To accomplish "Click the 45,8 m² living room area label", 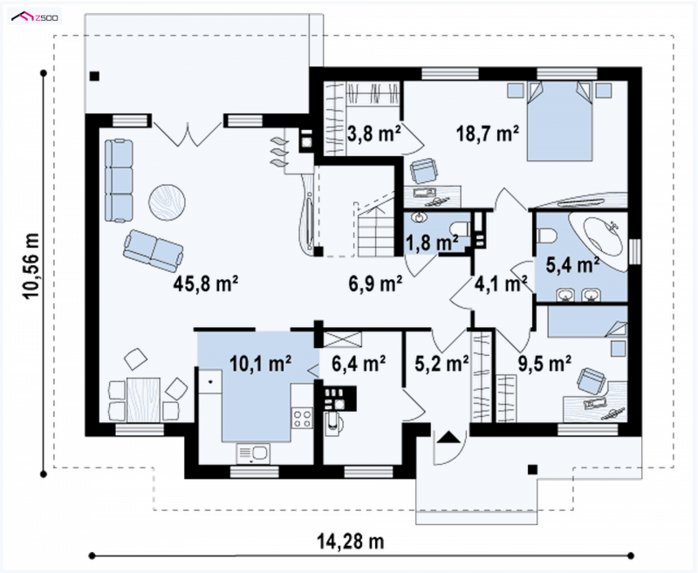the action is coord(206,283).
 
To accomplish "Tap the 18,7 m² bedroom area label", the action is coord(488,133).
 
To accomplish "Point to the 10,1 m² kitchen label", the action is coord(260,363).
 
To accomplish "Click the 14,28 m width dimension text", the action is coord(351,542).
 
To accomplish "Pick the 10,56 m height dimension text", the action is coord(31,266).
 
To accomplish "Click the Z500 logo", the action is coord(35,17).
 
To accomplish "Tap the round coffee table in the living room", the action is coord(167,202).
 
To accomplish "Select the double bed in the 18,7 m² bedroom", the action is coord(559,120).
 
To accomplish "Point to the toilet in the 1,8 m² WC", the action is coord(461,229).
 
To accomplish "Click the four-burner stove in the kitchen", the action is coord(302,418).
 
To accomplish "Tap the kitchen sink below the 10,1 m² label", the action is coord(253,454).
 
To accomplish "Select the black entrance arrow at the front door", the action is coord(448,437).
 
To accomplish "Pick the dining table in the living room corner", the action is coord(143,399).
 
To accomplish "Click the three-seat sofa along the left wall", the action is coord(119,181).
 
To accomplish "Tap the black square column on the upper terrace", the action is coord(94,76).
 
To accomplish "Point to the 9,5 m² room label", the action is coord(544,363).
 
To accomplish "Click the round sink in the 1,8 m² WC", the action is coord(419,217).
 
